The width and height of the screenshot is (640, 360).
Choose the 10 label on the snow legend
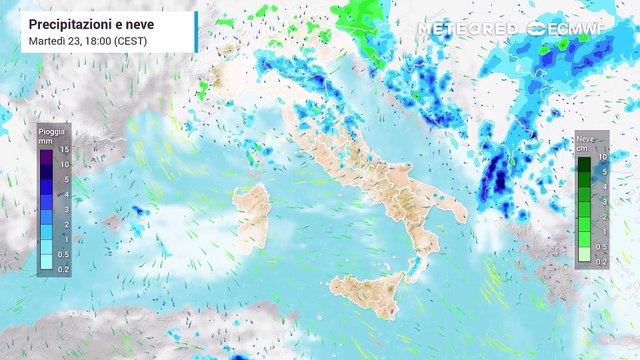coord(603,157)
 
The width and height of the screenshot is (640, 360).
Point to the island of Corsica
coord(257,161)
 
